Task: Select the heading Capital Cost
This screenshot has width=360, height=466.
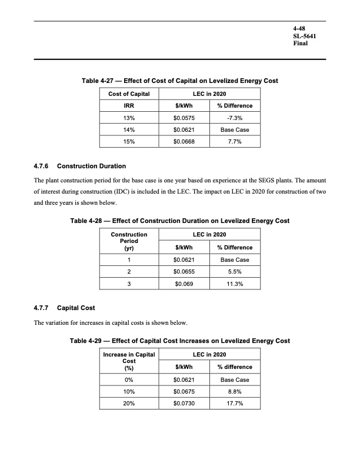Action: click(76, 308)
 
